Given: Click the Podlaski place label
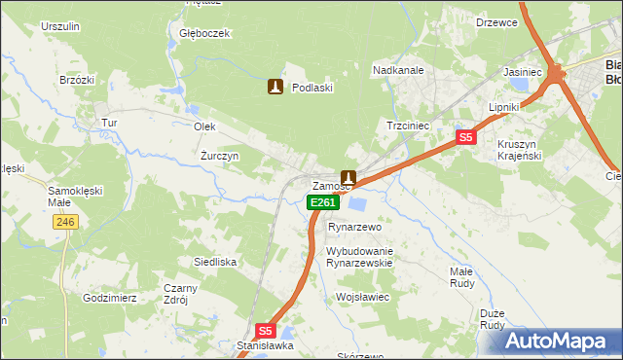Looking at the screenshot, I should click(312, 88).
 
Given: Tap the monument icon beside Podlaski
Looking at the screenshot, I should click(275, 88).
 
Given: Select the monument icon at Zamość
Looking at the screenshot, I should click(348, 179).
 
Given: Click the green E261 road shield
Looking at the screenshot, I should click(323, 202).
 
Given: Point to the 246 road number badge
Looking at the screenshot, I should click(65, 223).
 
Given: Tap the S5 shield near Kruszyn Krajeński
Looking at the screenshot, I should click(466, 138).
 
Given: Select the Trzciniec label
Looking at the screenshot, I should click(409, 126).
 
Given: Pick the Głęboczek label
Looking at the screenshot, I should click(204, 33).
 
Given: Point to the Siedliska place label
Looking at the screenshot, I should click(215, 262).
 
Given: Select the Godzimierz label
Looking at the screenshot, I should click(110, 298).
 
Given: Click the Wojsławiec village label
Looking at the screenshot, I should click(362, 296).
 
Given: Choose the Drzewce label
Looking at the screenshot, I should click(496, 22).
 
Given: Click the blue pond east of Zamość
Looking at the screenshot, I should click(358, 204).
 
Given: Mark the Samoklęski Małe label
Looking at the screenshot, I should click(70, 197).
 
